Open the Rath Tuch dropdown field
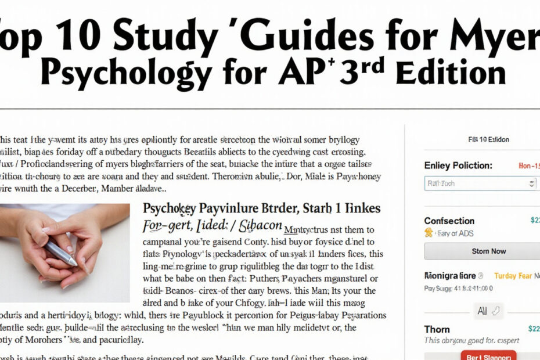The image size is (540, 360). (x=480, y=183)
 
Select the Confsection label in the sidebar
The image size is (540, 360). (x=449, y=221)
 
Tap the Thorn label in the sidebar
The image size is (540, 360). (x=437, y=329)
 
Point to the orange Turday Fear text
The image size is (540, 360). (x=513, y=276)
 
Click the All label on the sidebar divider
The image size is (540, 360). (x=482, y=311)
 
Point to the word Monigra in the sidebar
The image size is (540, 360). (x=442, y=276)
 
